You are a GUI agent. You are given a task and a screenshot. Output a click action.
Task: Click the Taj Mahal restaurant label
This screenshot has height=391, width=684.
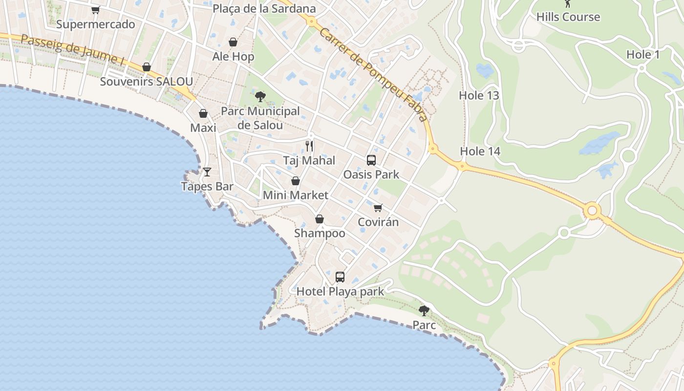click(x=309, y=160)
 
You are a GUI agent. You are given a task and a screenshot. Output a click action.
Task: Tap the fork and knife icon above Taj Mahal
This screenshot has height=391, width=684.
click(x=309, y=146)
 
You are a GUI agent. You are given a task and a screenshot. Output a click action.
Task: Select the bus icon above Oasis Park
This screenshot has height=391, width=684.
click(x=371, y=160)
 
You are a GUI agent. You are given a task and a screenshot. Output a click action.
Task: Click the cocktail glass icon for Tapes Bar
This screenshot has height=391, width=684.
click(x=207, y=172)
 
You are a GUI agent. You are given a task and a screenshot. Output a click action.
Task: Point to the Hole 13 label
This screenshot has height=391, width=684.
click(x=479, y=95)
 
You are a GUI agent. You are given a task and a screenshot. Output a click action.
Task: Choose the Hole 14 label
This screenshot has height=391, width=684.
click(x=480, y=152)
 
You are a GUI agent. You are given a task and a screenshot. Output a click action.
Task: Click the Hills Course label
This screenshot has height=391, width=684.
click(x=568, y=17)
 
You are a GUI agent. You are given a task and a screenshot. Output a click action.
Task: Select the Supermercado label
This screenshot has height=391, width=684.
click(x=96, y=24)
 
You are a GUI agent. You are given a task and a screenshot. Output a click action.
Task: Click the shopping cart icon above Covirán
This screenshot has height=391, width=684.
click(x=378, y=208)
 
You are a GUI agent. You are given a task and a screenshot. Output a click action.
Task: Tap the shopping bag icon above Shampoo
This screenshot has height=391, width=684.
click(x=320, y=219)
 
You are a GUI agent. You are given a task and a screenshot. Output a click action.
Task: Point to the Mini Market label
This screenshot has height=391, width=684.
click(x=296, y=195)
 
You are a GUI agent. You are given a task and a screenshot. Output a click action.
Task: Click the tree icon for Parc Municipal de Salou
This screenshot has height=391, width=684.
click(x=260, y=96)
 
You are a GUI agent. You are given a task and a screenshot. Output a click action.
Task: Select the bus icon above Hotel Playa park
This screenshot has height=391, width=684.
click(x=340, y=277)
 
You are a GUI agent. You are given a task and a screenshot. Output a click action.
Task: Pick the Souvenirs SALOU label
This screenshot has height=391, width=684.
click(x=146, y=81)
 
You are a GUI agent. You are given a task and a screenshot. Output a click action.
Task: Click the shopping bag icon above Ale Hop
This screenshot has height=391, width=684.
click(x=233, y=42)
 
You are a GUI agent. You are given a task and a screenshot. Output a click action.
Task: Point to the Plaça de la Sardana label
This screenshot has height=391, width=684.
click(x=264, y=9)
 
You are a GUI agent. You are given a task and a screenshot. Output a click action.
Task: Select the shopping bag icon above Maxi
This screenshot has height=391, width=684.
click(x=203, y=113)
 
